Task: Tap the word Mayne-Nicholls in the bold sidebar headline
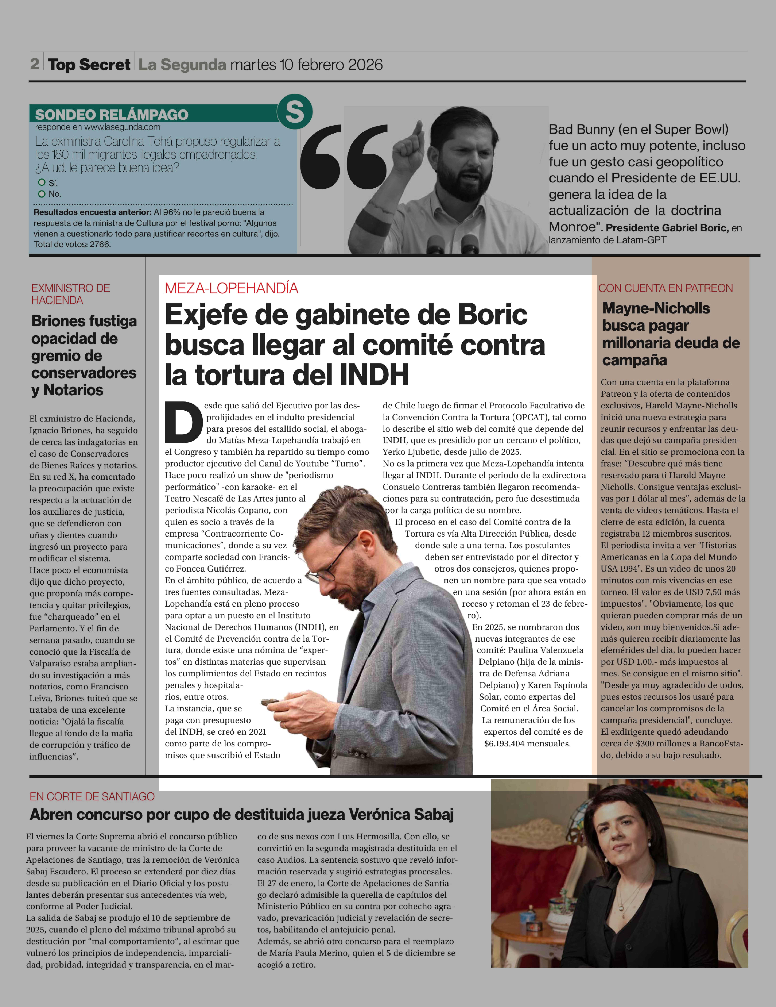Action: pos(656,308)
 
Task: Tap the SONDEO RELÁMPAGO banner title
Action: pos(112,114)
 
